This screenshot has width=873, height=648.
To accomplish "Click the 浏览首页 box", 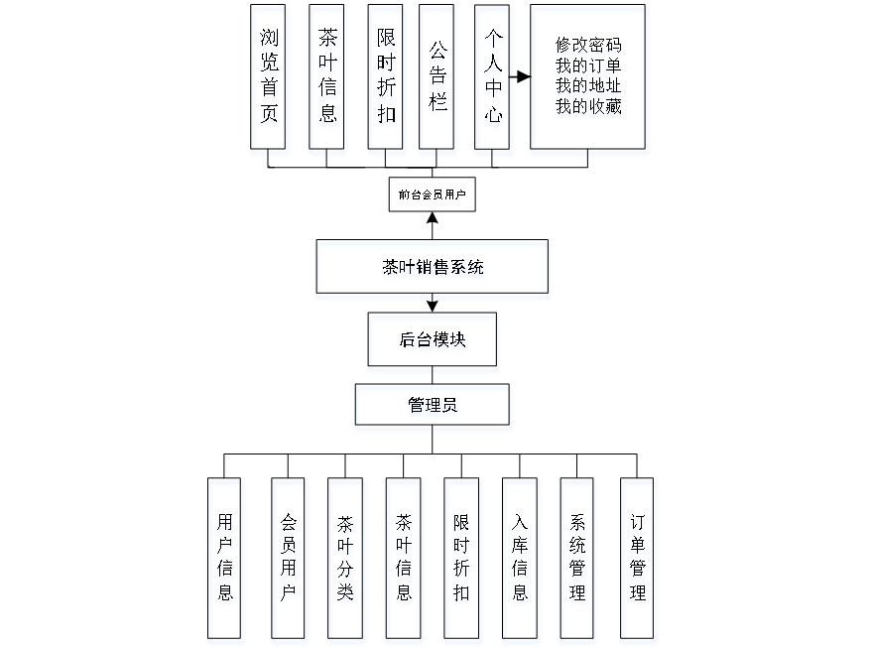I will tap(270, 79).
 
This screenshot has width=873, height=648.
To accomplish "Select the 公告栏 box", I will tap(437, 79).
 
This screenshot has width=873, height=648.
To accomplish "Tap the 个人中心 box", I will tap(494, 79).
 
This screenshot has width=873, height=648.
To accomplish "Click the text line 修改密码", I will tap(589, 47).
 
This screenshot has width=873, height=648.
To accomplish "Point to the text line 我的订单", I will tap(589, 67).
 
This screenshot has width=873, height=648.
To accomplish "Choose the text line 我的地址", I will tap(589, 88).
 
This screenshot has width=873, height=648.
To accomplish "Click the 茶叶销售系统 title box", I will tap(433, 269).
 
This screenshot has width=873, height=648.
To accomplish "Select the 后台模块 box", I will tap(434, 342).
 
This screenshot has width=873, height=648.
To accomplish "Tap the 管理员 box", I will tap(434, 408).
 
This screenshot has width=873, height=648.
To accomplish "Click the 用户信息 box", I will tap(226, 560).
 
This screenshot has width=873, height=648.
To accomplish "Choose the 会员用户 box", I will tap(290, 560).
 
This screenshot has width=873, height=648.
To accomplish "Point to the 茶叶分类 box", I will tap(347, 560).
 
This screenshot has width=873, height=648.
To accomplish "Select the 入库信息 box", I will tap(521, 560).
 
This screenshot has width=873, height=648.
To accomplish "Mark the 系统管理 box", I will tap(578, 560).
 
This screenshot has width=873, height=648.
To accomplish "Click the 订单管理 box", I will tap(639, 560).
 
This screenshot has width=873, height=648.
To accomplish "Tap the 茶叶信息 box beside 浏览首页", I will tap(327, 79).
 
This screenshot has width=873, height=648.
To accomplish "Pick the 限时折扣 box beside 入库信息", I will tap(462, 560).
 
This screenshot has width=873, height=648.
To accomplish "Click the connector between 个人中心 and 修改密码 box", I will tap(523, 76).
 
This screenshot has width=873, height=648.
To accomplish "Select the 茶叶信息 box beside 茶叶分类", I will tap(405, 560).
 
